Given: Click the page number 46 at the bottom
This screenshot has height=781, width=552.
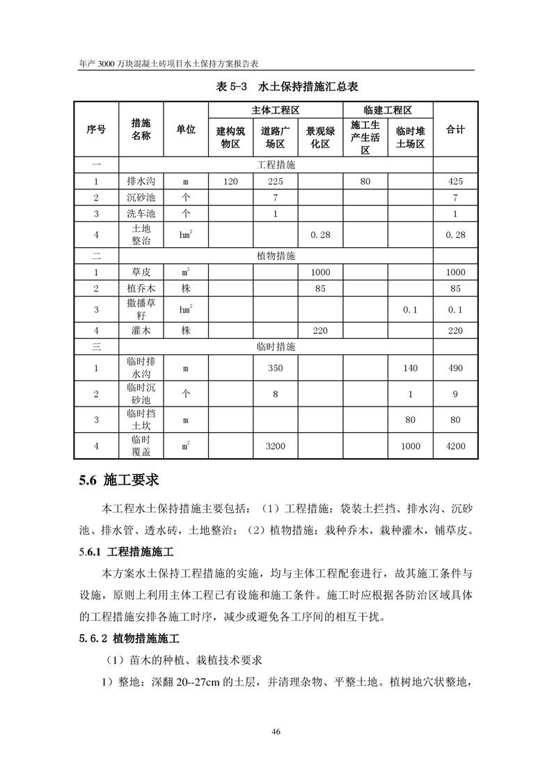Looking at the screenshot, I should coord(276,732).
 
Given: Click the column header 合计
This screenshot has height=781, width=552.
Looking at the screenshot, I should coord(455,129).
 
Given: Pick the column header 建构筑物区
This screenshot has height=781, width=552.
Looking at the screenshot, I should coord(230,137).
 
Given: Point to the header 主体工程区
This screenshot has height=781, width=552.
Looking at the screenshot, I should coord(275,111).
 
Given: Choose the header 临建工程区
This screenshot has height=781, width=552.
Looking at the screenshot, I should coord(388,111).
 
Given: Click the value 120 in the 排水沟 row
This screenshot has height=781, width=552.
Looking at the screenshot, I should coord(230,182).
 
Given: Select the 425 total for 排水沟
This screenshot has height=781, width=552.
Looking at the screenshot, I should coord(455,182).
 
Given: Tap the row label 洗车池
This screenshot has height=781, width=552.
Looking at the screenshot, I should coord(141,214).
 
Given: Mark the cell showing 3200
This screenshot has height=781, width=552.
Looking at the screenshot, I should coord(276,445).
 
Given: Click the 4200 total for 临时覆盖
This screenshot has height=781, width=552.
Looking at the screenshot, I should coord(455,445).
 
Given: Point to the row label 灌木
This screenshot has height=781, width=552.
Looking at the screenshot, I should coord(141,331).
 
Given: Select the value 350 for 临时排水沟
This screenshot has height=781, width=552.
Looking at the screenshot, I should coord(276,368).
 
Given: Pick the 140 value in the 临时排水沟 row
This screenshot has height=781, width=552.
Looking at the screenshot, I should coord(411,368).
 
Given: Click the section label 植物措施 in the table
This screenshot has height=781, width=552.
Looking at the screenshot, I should coord(276,256).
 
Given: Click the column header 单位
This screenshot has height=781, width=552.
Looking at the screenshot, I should coord(186,129).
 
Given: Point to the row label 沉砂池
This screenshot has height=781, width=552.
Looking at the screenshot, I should coord(141,198).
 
